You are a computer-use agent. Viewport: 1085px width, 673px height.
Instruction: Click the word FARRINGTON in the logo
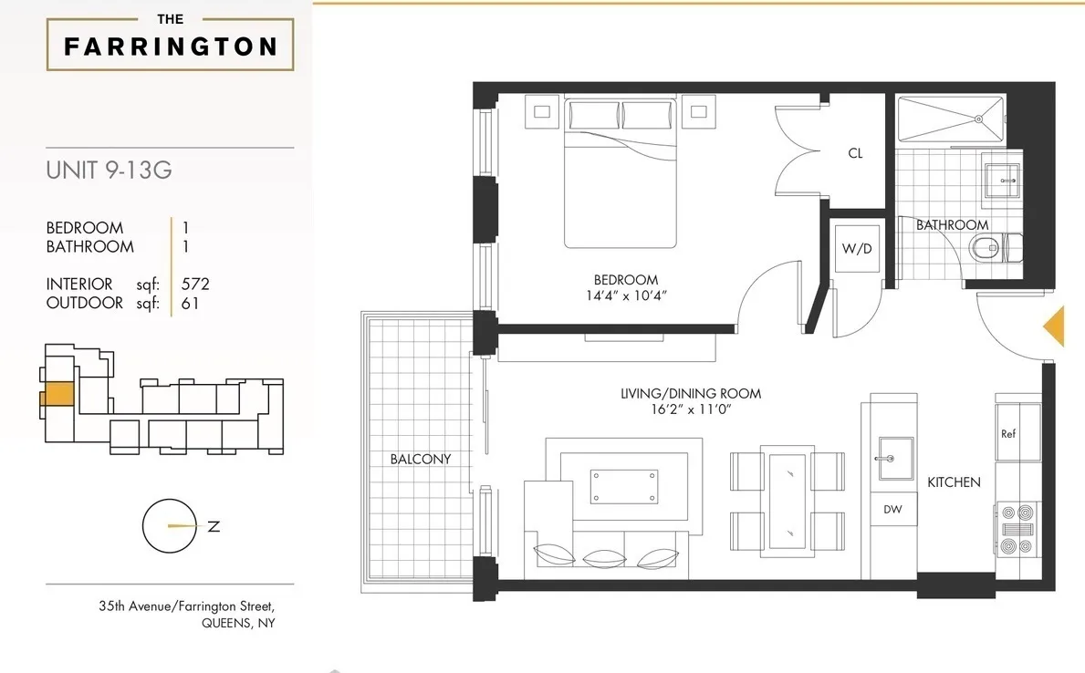171,47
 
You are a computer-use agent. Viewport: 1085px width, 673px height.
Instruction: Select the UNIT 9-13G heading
109,171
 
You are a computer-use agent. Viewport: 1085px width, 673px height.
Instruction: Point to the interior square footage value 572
196,285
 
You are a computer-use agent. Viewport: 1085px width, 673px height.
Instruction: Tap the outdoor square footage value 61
190,303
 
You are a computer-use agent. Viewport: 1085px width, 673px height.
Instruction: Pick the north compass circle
170,526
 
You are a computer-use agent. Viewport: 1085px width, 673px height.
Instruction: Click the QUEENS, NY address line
238,624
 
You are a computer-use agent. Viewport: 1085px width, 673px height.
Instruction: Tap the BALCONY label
420,459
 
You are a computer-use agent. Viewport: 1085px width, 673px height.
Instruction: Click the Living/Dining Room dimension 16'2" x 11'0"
690,410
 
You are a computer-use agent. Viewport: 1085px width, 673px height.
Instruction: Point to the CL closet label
855,154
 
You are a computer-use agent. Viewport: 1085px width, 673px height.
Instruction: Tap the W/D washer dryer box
856,249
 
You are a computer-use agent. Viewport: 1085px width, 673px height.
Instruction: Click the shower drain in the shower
977,118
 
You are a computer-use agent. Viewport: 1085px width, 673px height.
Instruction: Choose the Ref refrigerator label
1008,434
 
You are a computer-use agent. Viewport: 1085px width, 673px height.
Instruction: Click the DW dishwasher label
892,510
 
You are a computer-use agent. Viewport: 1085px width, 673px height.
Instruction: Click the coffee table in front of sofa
624,485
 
